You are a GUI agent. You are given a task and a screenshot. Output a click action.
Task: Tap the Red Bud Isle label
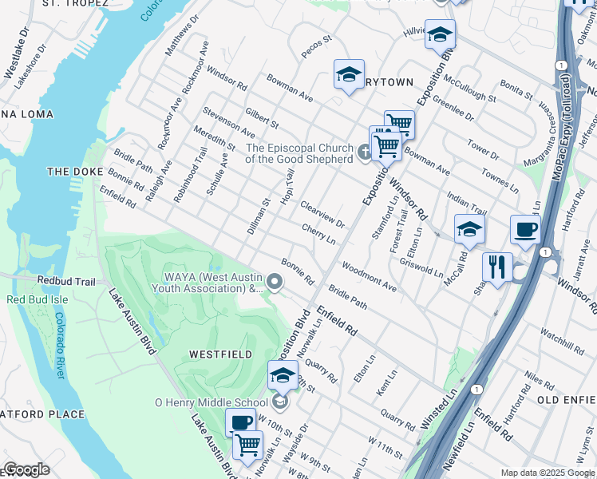coord(39,299)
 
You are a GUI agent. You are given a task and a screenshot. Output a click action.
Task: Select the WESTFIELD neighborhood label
coord(220,354)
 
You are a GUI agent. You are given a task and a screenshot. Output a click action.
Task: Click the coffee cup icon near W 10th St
coord(240,422)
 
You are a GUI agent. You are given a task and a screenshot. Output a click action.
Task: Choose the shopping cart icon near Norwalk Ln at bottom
coord(247,443)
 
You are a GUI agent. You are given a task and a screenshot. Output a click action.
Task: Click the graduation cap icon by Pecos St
coord(349,74)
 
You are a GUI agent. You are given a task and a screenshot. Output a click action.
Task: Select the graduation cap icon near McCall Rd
coord(469,229)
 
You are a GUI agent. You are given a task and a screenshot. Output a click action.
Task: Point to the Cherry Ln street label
coord(318,234)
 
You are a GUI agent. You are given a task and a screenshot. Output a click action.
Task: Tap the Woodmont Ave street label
coord(368,275)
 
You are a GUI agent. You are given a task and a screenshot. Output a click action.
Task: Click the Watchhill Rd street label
coord(562,340)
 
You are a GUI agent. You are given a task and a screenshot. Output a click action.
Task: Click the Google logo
coord(26,469)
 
